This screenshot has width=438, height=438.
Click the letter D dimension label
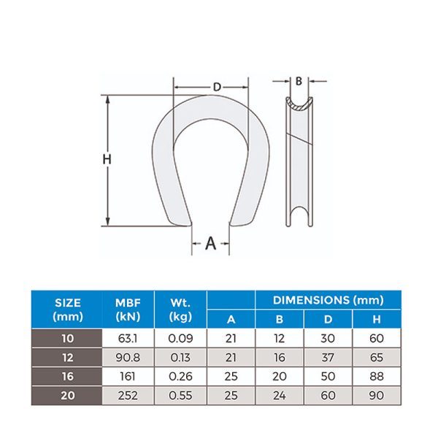click(x=217, y=87)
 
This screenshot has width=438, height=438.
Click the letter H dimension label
click(x=107, y=159)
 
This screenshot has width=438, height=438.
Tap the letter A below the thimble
click(x=211, y=243)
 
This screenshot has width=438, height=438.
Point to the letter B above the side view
click(x=299, y=81)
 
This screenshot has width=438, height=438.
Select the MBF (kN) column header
click(x=128, y=310)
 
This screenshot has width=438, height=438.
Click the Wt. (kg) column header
click(x=180, y=310)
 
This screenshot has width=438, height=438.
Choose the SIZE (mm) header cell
click(x=68, y=310)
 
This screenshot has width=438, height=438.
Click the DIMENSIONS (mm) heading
click(x=328, y=300)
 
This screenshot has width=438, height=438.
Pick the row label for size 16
click(x=68, y=376)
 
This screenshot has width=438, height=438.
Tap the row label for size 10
click(x=68, y=338)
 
